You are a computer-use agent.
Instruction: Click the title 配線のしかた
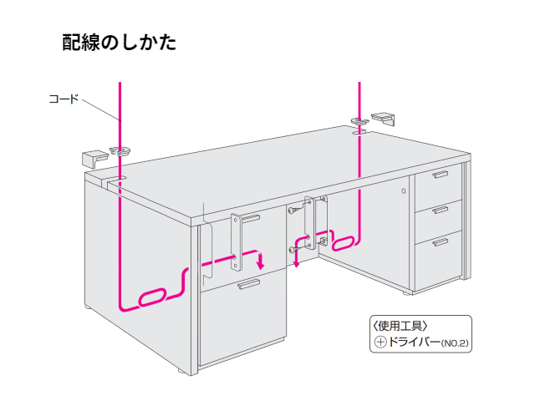(119, 43)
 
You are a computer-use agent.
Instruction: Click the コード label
(64, 99)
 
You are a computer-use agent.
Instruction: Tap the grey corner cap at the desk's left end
(93, 158)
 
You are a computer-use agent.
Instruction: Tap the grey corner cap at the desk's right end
(384, 116)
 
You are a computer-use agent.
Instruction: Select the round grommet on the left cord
(120, 150)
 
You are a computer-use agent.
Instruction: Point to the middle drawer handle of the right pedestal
(441, 209)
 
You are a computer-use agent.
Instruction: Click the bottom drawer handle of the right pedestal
(441, 243)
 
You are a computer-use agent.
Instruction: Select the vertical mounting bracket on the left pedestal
(237, 241)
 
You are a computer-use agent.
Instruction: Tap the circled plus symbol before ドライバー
(381, 343)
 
